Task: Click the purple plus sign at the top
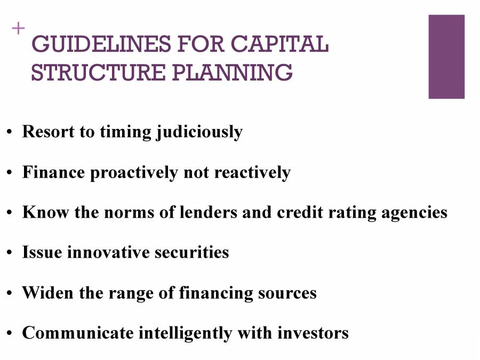(18, 28)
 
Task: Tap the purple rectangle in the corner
(446, 57)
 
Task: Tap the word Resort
(48, 132)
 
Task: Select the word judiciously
(199, 132)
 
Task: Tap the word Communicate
(78, 333)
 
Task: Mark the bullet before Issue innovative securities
(10, 253)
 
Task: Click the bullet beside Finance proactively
(10, 173)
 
